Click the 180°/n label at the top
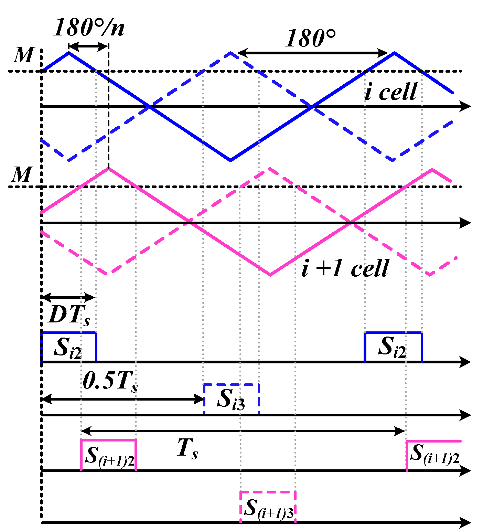[89, 27]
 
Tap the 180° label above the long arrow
[310, 38]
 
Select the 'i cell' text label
[391, 92]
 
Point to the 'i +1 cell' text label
[345, 268]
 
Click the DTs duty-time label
[69, 315]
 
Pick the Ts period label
[187, 449]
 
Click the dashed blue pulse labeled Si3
[231, 398]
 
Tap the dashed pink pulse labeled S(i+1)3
[268, 507]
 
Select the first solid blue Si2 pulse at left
[68, 347]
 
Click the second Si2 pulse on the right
[393, 347]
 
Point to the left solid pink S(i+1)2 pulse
[109, 455]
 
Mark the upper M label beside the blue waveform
[23, 55]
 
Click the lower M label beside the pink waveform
[21, 174]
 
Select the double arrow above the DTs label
[68, 297]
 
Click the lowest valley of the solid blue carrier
[230, 160]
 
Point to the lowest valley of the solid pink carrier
[270, 275]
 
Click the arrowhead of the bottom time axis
[466, 523]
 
